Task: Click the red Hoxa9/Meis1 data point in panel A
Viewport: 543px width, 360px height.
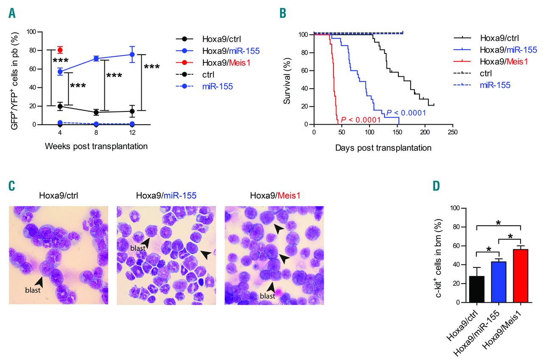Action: point(60,50)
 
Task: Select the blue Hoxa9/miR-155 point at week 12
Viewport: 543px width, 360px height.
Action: point(132,54)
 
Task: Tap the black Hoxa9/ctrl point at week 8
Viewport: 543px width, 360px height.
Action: point(96,112)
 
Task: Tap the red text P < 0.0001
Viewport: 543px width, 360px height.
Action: point(360,119)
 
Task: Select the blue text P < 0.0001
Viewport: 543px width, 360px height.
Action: point(406,113)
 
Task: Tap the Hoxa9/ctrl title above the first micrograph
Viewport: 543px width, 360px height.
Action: point(58,196)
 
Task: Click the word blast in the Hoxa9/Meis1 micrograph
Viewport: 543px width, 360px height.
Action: point(267,296)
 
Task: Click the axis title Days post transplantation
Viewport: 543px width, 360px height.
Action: point(383,148)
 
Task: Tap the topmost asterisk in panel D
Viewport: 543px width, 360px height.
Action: point(499,223)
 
